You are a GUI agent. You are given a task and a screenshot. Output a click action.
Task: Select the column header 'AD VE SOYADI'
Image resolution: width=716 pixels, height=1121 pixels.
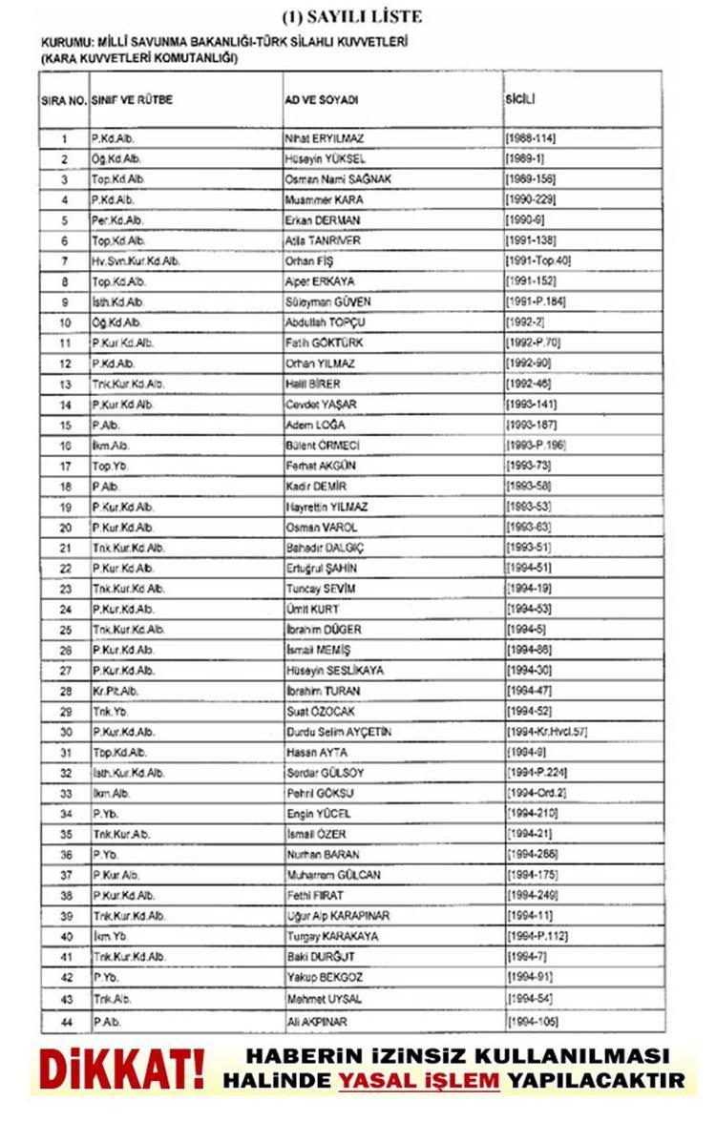320,100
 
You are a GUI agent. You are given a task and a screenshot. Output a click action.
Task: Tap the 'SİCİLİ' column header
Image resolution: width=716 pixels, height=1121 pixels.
521,99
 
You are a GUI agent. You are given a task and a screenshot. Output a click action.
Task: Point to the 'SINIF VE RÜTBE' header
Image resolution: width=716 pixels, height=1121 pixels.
132,100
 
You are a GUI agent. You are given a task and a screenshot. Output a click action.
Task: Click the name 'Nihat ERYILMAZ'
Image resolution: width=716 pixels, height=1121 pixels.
325,138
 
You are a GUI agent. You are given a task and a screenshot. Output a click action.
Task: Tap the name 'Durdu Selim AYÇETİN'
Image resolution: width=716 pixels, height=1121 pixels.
339,732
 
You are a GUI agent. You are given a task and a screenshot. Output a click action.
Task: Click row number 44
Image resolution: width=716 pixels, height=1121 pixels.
64,1022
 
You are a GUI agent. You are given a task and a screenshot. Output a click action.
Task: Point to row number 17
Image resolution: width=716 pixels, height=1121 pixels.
64,467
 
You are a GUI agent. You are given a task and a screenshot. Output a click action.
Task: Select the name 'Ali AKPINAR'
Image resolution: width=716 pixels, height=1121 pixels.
318,1022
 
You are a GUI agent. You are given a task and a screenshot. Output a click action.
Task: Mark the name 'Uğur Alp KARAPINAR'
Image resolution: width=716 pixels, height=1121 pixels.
338,916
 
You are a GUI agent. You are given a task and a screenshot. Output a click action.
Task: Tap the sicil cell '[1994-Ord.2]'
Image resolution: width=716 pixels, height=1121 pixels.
539,793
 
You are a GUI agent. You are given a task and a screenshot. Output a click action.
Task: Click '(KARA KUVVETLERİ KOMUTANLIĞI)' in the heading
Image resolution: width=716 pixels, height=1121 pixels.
138,58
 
